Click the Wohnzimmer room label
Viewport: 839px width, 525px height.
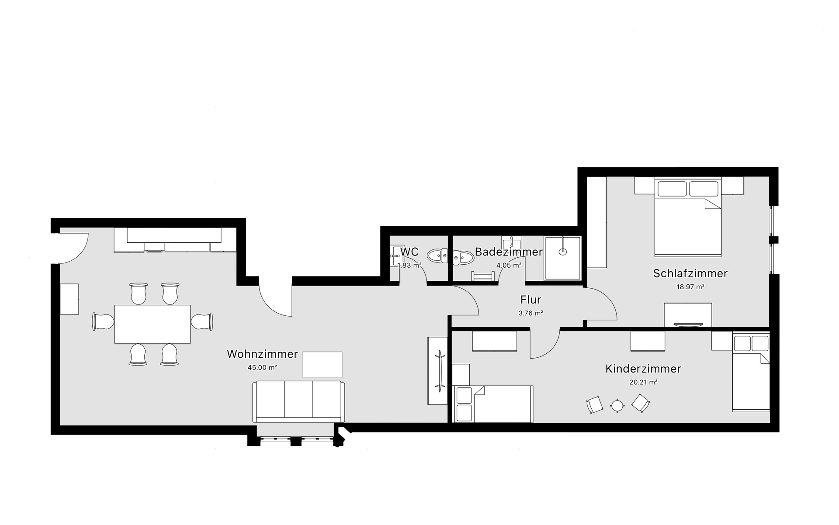click(262, 354)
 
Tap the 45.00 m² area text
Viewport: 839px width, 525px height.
click(262, 368)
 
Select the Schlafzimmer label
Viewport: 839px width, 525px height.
click(690, 273)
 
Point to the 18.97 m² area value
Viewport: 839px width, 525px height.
click(690, 287)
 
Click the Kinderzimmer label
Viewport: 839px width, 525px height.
click(643, 369)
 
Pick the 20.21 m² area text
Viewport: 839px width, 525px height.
click(643, 382)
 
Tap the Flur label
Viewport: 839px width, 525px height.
click(530, 300)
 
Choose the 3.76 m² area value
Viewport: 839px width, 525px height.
click(530, 313)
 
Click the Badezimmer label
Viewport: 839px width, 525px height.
click(509, 252)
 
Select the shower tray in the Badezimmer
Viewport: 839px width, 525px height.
click(563, 258)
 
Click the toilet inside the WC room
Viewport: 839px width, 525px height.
click(437, 255)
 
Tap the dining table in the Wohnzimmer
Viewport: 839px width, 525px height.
click(153, 324)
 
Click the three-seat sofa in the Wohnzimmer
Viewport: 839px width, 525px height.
click(299, 402)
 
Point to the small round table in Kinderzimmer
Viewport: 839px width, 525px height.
click(617, 406)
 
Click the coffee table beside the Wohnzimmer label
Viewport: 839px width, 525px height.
click(322, 365)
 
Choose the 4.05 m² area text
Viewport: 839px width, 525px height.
click(509, 265)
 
